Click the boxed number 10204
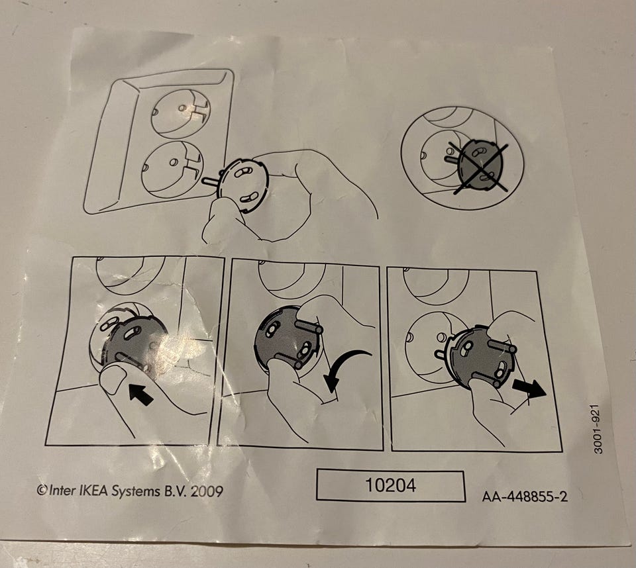[x=391, y=485]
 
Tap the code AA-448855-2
[x=525, y=497]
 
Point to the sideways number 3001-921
[x=598, y=430]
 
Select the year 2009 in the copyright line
[x=207, y=491]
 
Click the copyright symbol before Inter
[x=42, y=490]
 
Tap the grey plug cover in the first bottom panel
[x=134, y=342]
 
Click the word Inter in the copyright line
[x=62, y=491]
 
